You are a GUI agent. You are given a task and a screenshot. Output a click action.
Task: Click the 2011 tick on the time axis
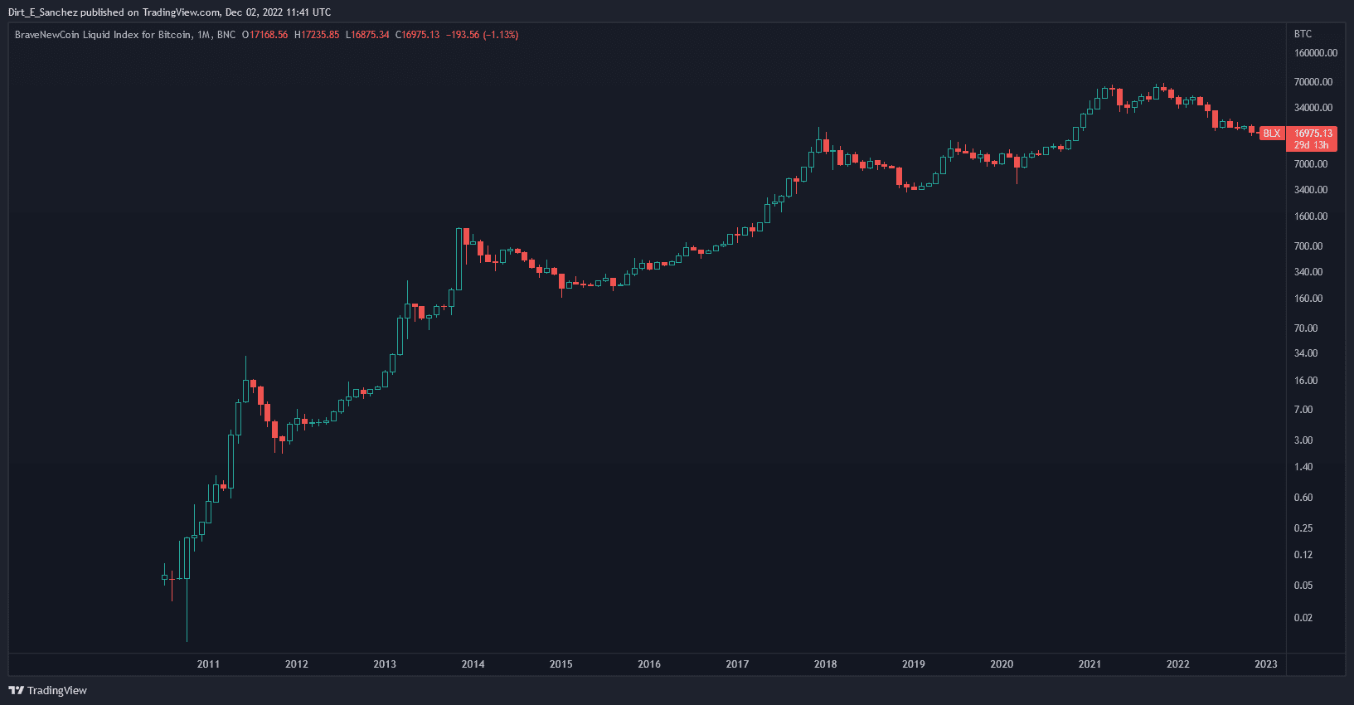[x=208, y=664]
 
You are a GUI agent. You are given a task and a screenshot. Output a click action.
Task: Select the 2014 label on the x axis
[x=473, y=664]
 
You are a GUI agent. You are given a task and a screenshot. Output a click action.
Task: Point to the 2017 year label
[x=737, y=664]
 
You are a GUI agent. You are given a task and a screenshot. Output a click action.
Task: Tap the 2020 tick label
[x=1002, y=664]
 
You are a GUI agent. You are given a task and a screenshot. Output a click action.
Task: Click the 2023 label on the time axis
[x=1266, y=664]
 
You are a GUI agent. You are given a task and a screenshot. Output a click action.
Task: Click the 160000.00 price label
[x=1316, y=53]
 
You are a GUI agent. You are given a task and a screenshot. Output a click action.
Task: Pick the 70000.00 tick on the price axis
[x=1313, y=82]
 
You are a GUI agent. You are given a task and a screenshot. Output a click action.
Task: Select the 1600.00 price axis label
[x=1311, y=216]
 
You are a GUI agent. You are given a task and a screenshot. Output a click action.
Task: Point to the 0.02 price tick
[x=1303, y=618]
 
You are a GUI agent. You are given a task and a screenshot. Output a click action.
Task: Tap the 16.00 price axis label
[x=1306, y=381]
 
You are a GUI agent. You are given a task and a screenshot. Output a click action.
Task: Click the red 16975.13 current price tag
[x=1313, y=133]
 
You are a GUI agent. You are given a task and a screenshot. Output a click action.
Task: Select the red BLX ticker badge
[x=1272, y=134]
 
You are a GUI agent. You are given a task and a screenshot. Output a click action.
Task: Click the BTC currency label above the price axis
[x=1303, y=34]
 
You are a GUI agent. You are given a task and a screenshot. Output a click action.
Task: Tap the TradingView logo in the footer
[x=48, y=690]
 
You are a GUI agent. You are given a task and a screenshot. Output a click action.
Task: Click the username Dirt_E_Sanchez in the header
[x=42, y=12]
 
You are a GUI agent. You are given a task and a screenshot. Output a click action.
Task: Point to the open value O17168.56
[x=265, y=35]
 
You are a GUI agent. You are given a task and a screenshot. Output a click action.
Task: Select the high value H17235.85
[x=317, y=35]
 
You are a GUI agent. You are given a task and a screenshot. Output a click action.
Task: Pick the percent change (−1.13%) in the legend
[x=501, y=35]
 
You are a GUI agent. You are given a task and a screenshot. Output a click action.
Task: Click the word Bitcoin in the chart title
[x=174, y=35]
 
